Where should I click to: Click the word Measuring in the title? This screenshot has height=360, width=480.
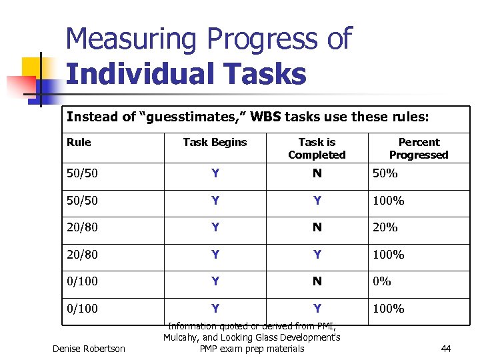click(127, 40)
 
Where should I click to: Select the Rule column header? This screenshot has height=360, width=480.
click(79, 142)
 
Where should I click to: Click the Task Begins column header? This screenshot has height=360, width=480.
click(215, 142)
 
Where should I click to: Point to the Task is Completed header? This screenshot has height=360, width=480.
click(317, 148)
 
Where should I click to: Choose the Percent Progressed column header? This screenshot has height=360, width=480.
click(419, 148)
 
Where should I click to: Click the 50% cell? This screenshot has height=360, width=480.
click(385, 174)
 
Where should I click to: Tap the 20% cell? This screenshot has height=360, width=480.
click(385, 227)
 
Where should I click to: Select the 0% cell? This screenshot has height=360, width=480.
click(382, 281)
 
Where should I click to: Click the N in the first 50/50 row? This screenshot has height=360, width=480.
click(317, 174)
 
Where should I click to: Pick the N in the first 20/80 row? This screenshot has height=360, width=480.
click(317, 227)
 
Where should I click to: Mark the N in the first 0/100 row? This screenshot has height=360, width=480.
click(317, 281)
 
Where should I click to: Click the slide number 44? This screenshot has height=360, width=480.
click(446, 348)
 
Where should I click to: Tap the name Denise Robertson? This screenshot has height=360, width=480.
click(89, 348)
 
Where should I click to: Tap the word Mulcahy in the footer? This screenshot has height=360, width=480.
click(185, 337)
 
